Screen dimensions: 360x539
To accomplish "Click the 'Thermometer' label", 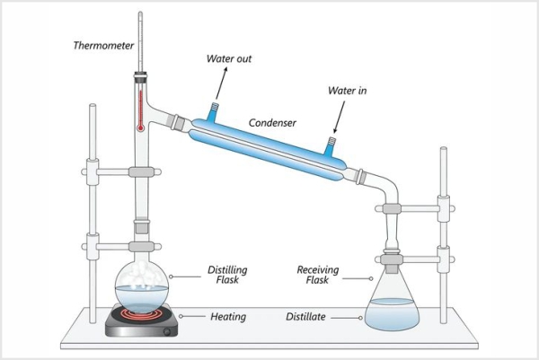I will click(x=104, y=44).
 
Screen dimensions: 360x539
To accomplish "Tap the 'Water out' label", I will click(x=229, y=60).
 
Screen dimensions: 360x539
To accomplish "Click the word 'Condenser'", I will click(x=272, y=120).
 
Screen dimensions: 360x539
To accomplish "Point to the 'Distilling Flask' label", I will click(x=228, y=276).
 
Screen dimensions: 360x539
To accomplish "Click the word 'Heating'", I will click(x=229, y=316).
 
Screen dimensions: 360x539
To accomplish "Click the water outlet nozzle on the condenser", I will click(x=213, y=112).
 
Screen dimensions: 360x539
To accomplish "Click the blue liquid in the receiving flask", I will click(x=393, y=315).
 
